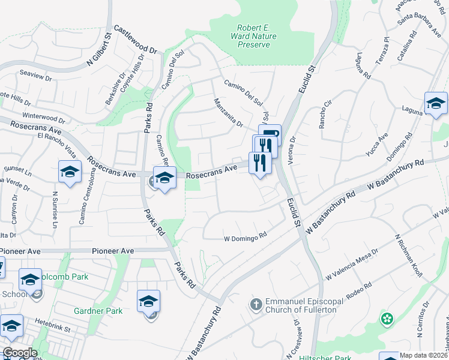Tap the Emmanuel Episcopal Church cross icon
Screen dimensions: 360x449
pos(256,304)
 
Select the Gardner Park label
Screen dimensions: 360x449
pos(98,311)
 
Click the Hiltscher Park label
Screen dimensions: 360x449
pos(325,358)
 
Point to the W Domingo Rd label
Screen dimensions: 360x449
pos(245,238)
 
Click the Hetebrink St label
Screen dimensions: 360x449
pos(52,329)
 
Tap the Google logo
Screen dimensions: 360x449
pos(20,353)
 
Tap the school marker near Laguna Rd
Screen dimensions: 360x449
pos(436,104)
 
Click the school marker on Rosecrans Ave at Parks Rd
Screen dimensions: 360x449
pos(164,177)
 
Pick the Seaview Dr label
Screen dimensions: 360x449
pos(36,78)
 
